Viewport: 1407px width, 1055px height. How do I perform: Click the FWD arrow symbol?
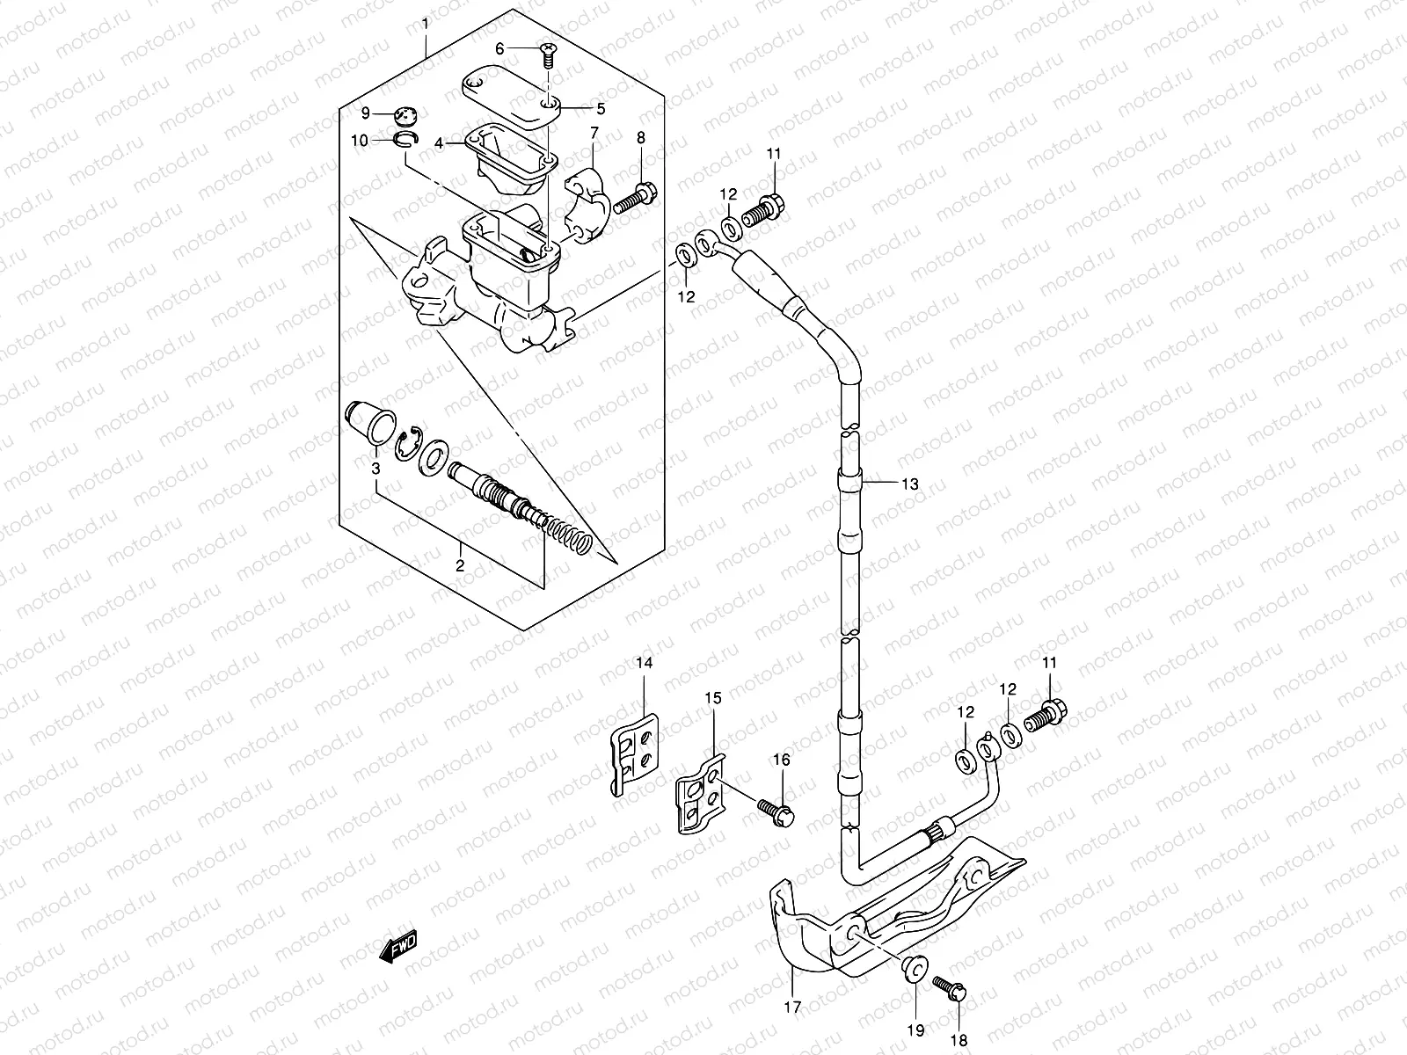397,948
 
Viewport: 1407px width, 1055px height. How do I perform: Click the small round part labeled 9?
407,114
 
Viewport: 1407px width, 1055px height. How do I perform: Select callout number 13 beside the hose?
908,484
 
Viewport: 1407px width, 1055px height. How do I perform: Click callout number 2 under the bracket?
459,566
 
